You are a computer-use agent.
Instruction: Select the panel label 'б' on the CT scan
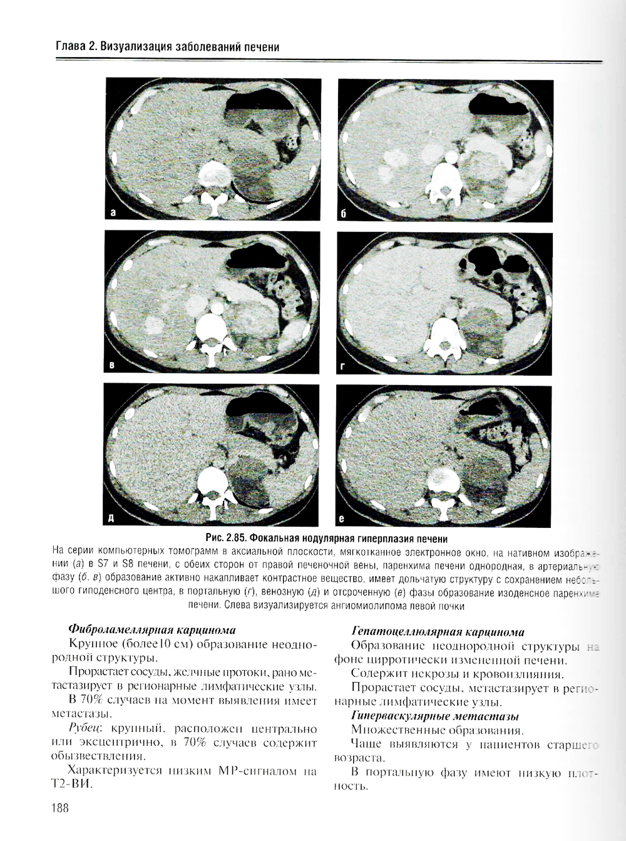click(343, 214)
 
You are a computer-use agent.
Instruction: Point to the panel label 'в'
click(113, 365)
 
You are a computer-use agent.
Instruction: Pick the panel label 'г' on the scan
click(343, 367)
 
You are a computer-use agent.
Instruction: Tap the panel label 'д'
click(112, 518)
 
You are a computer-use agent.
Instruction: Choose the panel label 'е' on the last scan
click(342, 519)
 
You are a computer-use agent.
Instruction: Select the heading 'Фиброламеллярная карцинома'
click(152, 630)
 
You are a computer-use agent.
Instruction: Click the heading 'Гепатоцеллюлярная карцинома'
click(438, 632)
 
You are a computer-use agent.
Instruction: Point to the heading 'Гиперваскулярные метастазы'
click(435, 716)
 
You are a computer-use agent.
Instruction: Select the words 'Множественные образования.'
click(437, 730)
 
